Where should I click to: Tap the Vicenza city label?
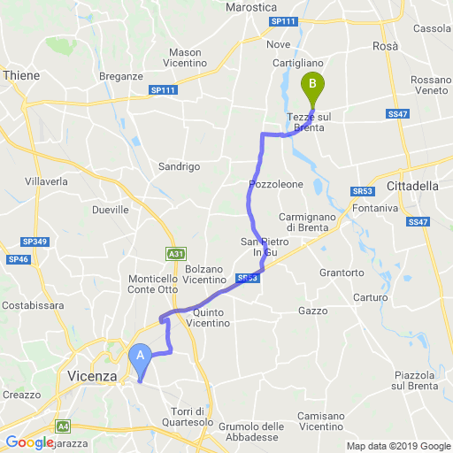click(x=92, y=376)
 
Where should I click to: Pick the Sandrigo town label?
click(x=179, y=166)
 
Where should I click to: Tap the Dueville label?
click(x=111, y=210)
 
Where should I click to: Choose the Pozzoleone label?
click(x=276, y=184)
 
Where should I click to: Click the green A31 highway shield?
click(x=176, y=254)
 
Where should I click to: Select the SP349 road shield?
click(x=33, y=242)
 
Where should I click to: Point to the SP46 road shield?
click(x=19, y=258)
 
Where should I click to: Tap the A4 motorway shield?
click(x=64, y=426)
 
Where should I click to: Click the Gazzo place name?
click(x=313, y=311)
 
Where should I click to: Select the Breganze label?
click(x=123, y=76)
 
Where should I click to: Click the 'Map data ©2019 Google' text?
click(x=397, y=446)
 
